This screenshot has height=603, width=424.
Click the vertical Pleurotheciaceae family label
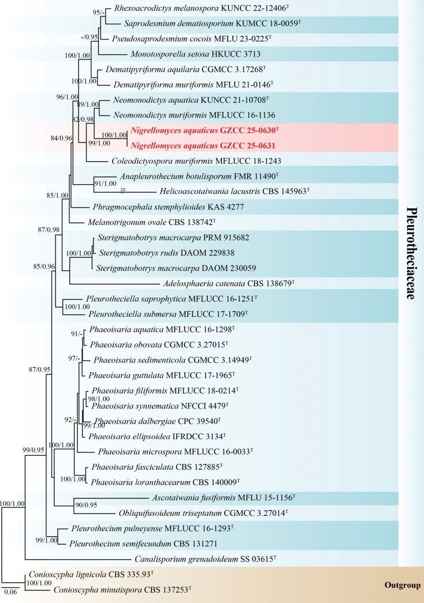click(x=411, y=253)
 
